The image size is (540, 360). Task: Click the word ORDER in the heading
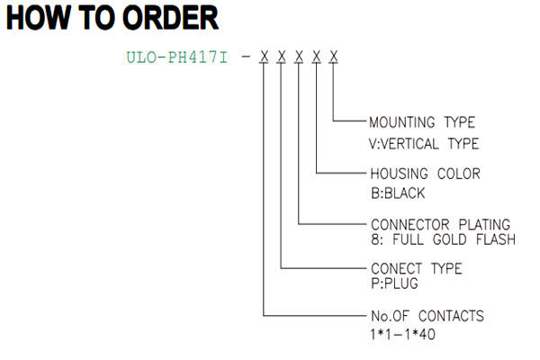(x=170, y=18)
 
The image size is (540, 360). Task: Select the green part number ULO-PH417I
(x=177, y=58)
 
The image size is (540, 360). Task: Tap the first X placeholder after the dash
(x=264, y=57)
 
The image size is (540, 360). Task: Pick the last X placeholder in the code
(x=333, y=57)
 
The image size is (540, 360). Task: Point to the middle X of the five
(x=299, y=57)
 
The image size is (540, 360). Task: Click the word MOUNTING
(x=402, y=122)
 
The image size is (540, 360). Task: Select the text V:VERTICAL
(x=403, y=144)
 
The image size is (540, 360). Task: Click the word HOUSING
(x=399, y=174)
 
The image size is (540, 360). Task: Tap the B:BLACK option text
(x=398, y=193)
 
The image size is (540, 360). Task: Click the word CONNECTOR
(x=410, y=225)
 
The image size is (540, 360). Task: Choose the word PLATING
(x=484, y=225)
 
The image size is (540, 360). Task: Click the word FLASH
(x=496, y=239)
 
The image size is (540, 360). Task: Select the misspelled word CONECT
(x=396, y=269)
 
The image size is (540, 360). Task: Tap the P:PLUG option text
(x=395, y=283)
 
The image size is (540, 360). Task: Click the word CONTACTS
(x=451, y=316)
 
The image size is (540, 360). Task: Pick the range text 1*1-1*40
(x=402, y=334)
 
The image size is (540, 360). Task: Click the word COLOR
(x=459, y=174)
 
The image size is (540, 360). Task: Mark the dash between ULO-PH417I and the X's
(x=246, y=57)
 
